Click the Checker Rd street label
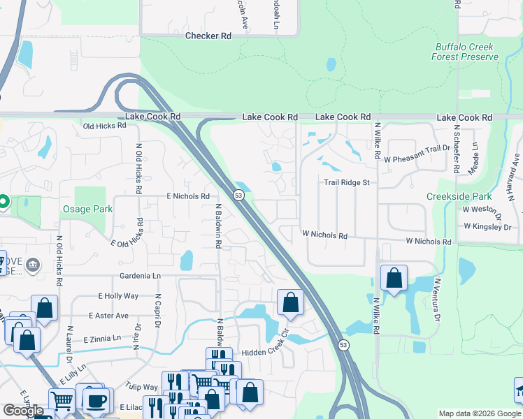(208, 36)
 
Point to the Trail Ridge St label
(350, 183)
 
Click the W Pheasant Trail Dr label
(417, 159)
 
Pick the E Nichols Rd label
(188, 197)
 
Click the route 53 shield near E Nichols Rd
(238, 195)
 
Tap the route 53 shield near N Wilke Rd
(343, 345)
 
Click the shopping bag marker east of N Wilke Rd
(394, 278)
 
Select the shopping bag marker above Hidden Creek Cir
(291, 303)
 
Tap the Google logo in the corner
(24, 411)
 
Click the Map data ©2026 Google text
(479, 413)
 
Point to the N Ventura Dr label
(438, 300)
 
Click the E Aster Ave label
(108, 316)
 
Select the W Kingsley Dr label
(488, 227)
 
